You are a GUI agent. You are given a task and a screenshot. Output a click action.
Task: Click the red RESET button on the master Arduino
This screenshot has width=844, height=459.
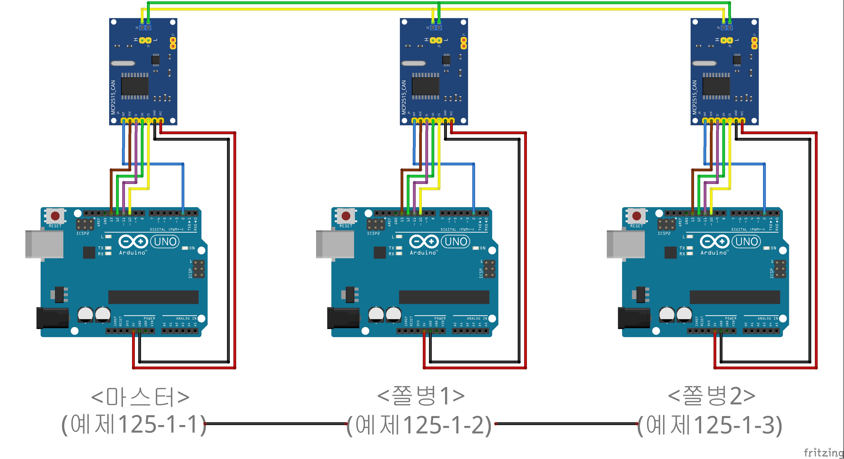[x=55, y=216]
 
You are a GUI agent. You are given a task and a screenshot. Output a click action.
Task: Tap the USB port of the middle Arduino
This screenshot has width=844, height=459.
[x=335, y=244]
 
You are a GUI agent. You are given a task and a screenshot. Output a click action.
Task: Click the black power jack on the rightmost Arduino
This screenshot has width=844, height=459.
[x=634, y=318]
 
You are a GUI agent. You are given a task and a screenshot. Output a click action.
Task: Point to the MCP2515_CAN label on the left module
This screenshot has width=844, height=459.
[x=113, y=97]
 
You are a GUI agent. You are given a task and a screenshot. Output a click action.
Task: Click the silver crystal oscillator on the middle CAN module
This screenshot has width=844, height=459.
[x=413, y=63]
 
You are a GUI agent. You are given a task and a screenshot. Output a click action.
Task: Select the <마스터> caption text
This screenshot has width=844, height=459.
[x=140, y=397]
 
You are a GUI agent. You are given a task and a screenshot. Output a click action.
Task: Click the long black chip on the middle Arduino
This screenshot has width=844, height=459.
[x=444, y=297]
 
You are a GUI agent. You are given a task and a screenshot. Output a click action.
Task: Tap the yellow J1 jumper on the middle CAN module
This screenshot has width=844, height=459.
[x=464, y=43]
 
